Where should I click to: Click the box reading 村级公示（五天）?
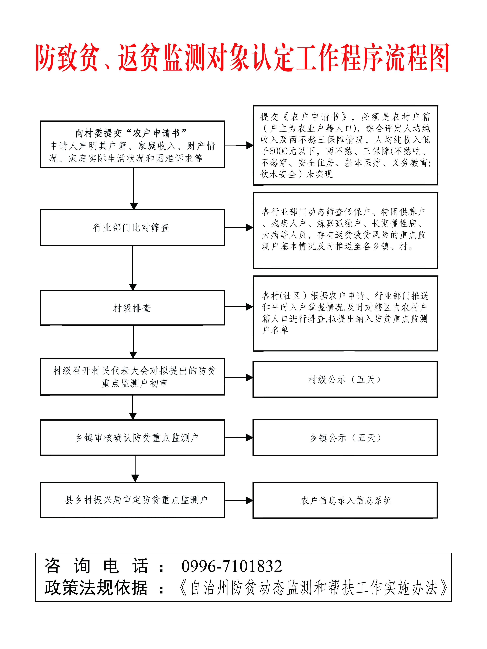[x=345, y=379]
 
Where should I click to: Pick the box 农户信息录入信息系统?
[x=345, y=500]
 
